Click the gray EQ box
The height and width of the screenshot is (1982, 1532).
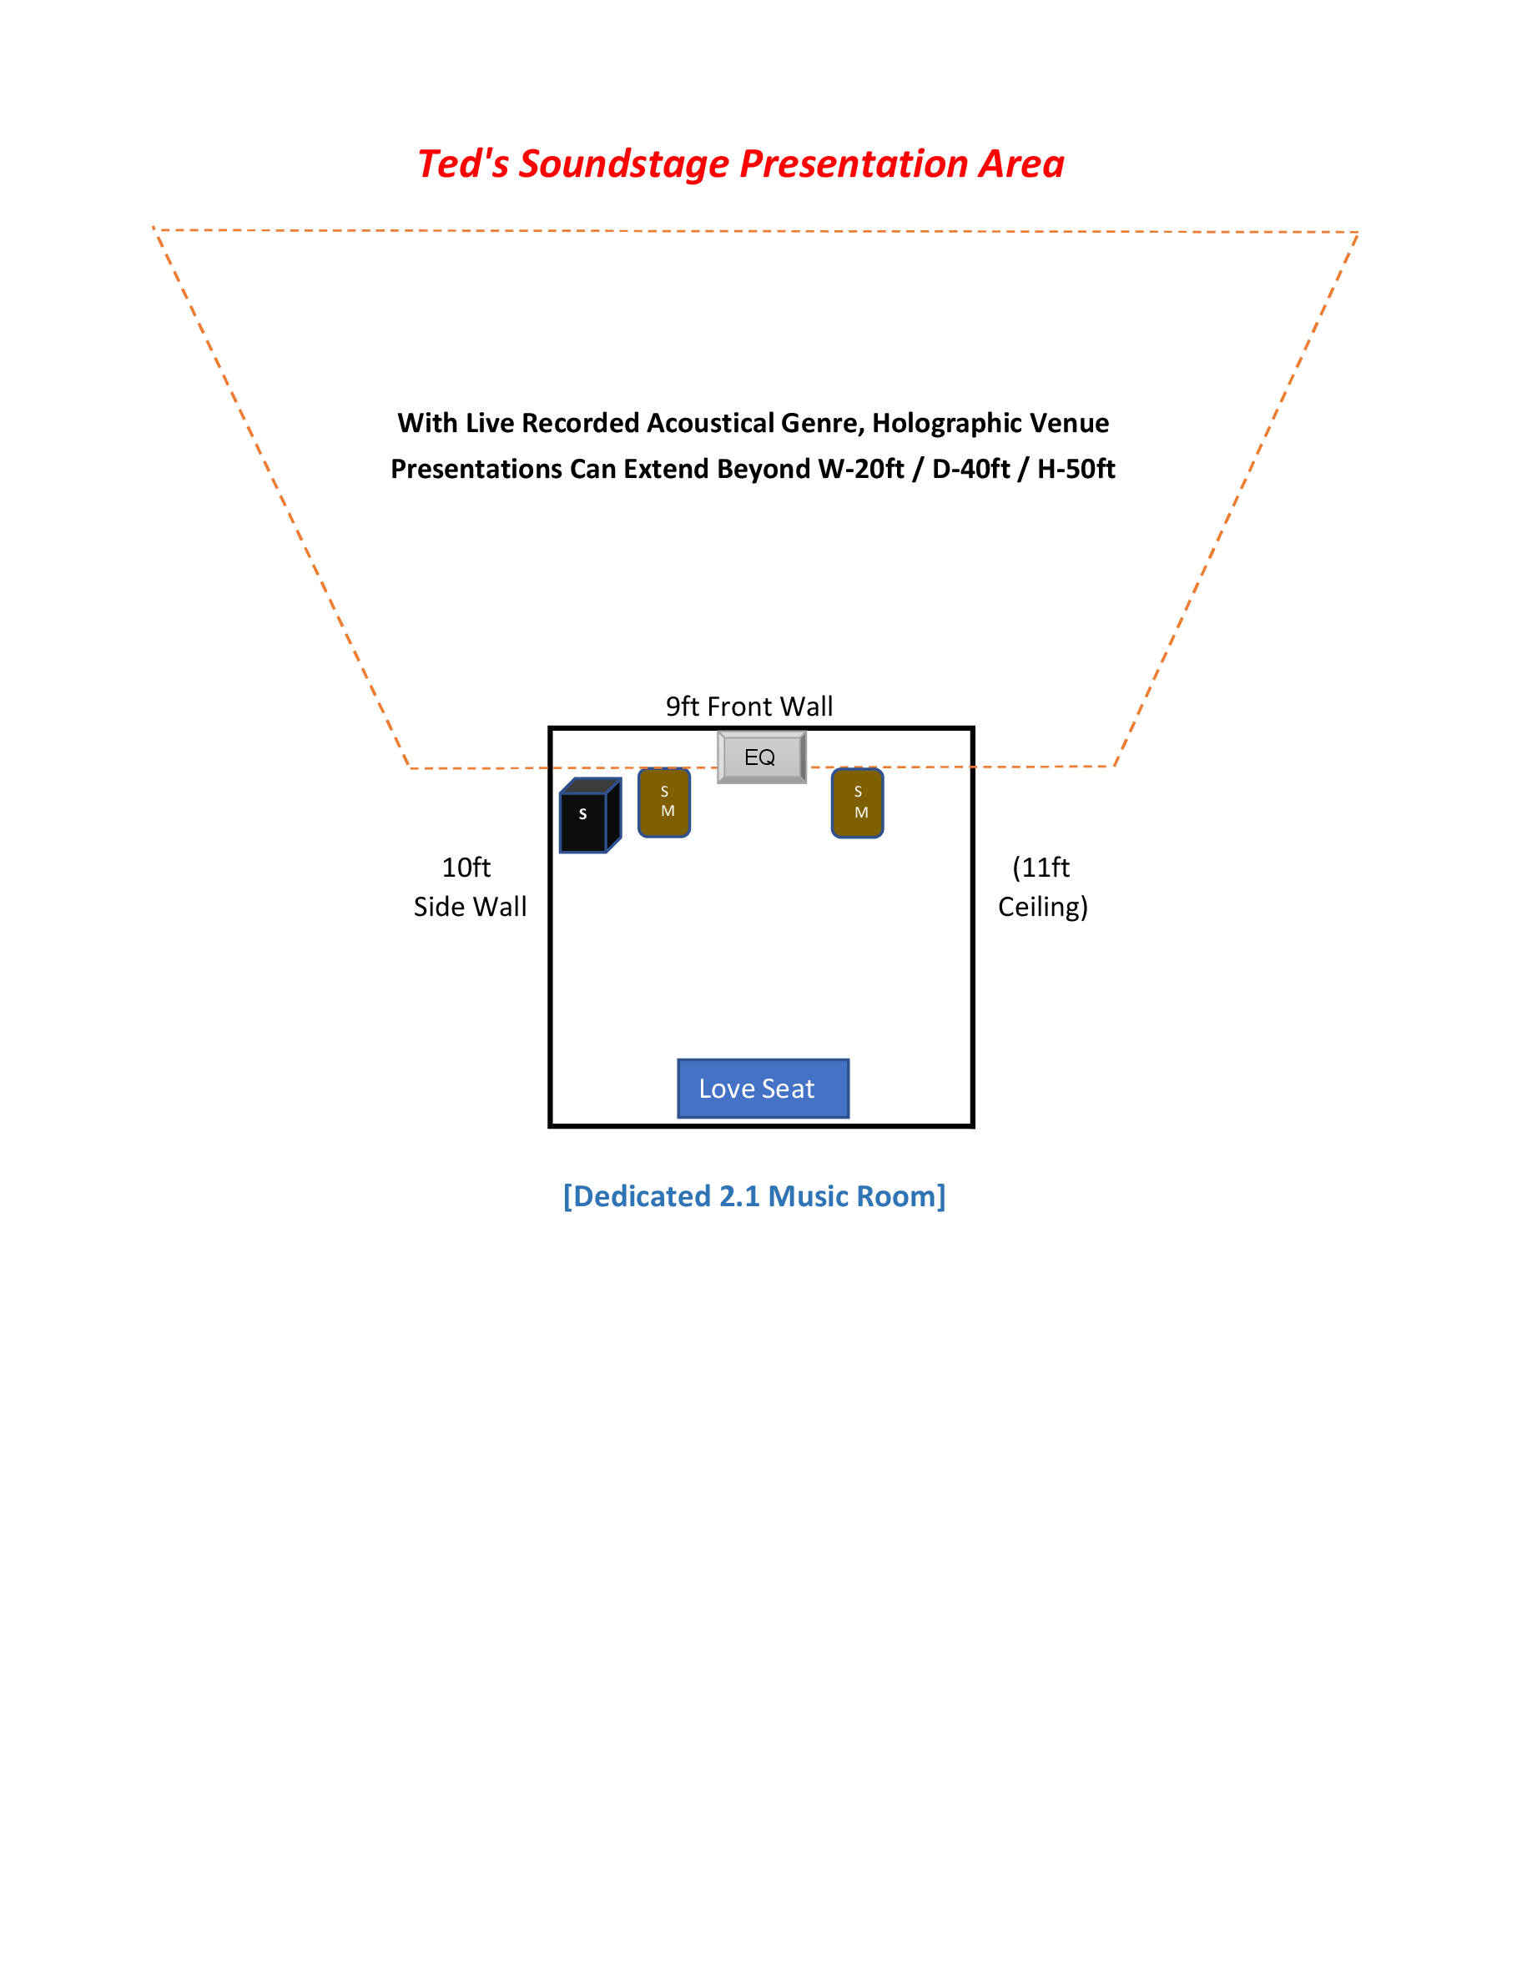click(760, 757)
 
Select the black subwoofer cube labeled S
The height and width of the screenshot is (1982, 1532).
click(587, 816)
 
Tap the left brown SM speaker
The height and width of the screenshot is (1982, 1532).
click(664, 802)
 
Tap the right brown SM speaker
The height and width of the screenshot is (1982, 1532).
click(857, 803)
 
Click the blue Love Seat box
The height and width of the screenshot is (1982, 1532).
click(763, 1088)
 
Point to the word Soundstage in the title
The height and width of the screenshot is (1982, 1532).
click(623, 165)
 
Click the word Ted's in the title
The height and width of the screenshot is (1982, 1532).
click(463, 165)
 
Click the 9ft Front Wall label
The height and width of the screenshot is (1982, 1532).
click(748, 706)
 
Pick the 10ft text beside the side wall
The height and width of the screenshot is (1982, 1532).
click(466, 868)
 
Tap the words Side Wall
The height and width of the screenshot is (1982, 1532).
click(469, 907)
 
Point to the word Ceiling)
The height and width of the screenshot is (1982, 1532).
click(1042, 907)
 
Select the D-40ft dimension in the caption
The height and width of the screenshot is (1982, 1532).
click(970, 469)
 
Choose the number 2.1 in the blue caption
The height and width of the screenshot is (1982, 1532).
click(738, 1196)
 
